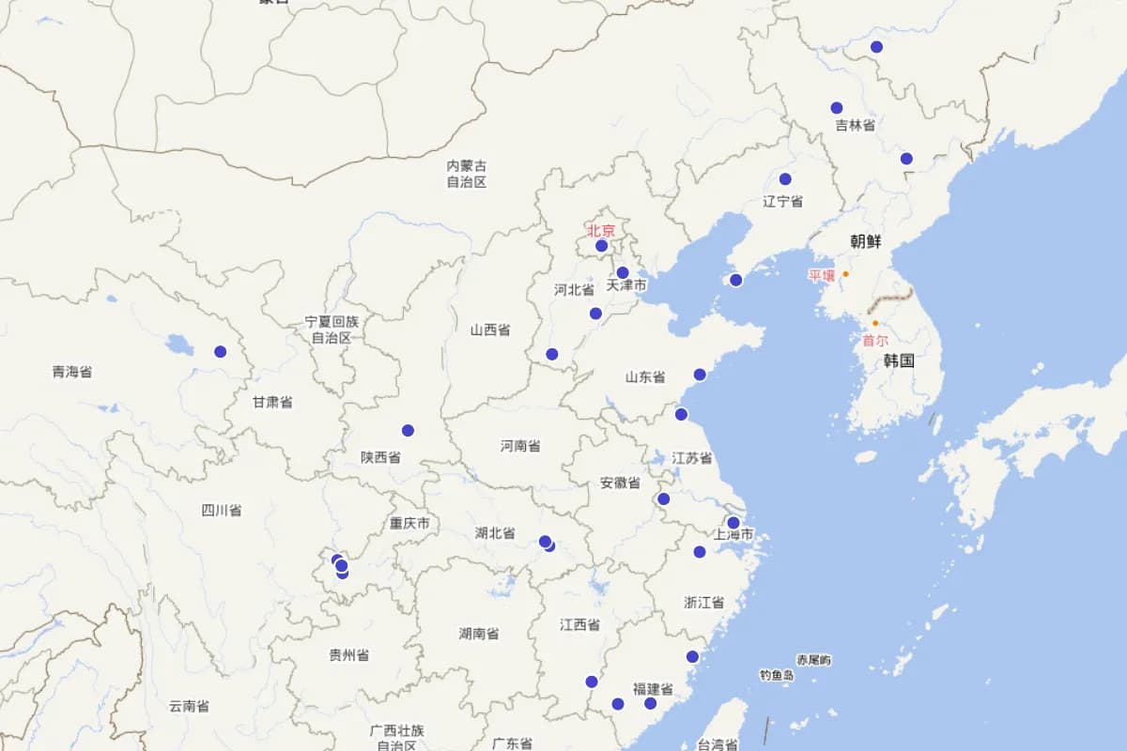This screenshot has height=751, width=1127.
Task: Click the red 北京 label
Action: (601, 230)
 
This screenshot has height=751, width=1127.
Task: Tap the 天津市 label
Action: (626, 284)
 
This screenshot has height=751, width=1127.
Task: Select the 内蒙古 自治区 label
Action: (467, 174)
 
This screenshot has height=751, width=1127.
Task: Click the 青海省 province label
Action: (72, 372)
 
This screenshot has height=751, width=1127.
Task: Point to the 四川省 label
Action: (222, 511)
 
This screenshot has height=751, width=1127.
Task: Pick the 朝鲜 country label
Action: (866, 241)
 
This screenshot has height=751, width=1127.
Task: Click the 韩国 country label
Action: (899, 360)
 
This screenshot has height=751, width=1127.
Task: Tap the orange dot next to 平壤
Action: (845, 274)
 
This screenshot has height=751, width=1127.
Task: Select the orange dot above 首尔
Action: (875, 323)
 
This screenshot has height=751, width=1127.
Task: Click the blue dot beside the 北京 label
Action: (602, 246)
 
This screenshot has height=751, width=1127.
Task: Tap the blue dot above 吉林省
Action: (837, 108)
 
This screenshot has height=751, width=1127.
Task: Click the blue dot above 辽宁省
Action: (785, 179)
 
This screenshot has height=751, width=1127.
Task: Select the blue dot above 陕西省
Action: (409, 431)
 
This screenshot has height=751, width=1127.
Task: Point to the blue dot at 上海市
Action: (733, 523)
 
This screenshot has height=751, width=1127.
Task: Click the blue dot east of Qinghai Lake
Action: (221, 352)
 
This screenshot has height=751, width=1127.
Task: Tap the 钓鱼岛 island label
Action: (777, 675)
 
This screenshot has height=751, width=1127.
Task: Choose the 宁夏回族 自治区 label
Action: (332, 330)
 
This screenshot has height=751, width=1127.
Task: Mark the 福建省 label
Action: (653, 689)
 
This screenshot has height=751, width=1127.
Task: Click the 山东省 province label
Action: (645, 377)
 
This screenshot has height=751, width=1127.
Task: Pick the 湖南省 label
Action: (479, 634)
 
